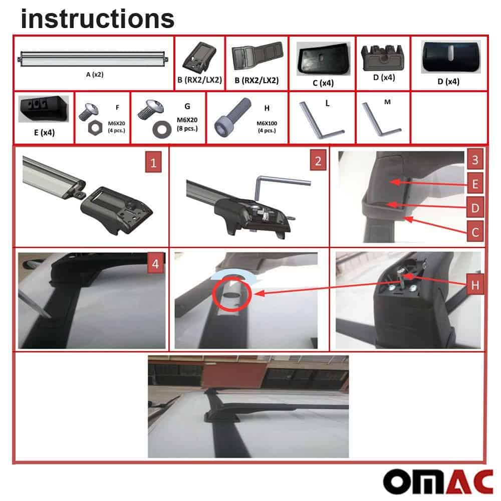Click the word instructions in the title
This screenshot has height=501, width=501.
(98, 19)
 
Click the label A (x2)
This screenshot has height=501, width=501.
(94, 75)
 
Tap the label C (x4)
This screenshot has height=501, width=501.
(323, 83)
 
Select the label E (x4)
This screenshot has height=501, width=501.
(44, 133)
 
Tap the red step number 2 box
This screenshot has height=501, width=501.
(317, 161)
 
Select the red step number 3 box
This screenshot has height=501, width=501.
(475, 161)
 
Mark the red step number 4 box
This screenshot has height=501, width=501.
(156, 264)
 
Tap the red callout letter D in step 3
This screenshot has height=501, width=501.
(475, 207)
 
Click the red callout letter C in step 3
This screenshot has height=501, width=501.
(475, 231)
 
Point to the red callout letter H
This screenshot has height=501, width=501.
(474, 285)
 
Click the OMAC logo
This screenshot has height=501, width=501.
(438, 481)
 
